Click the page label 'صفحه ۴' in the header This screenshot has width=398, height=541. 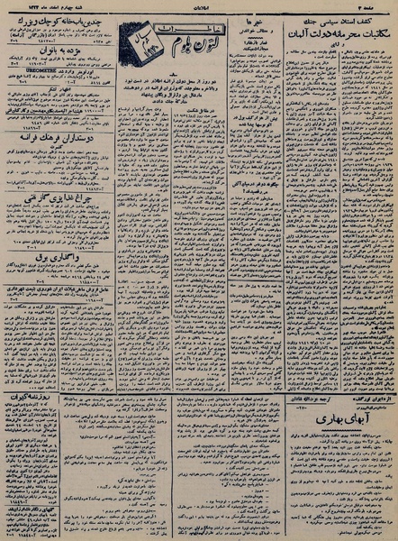(378, 6)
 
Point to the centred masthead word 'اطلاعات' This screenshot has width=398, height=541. (199, 6)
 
